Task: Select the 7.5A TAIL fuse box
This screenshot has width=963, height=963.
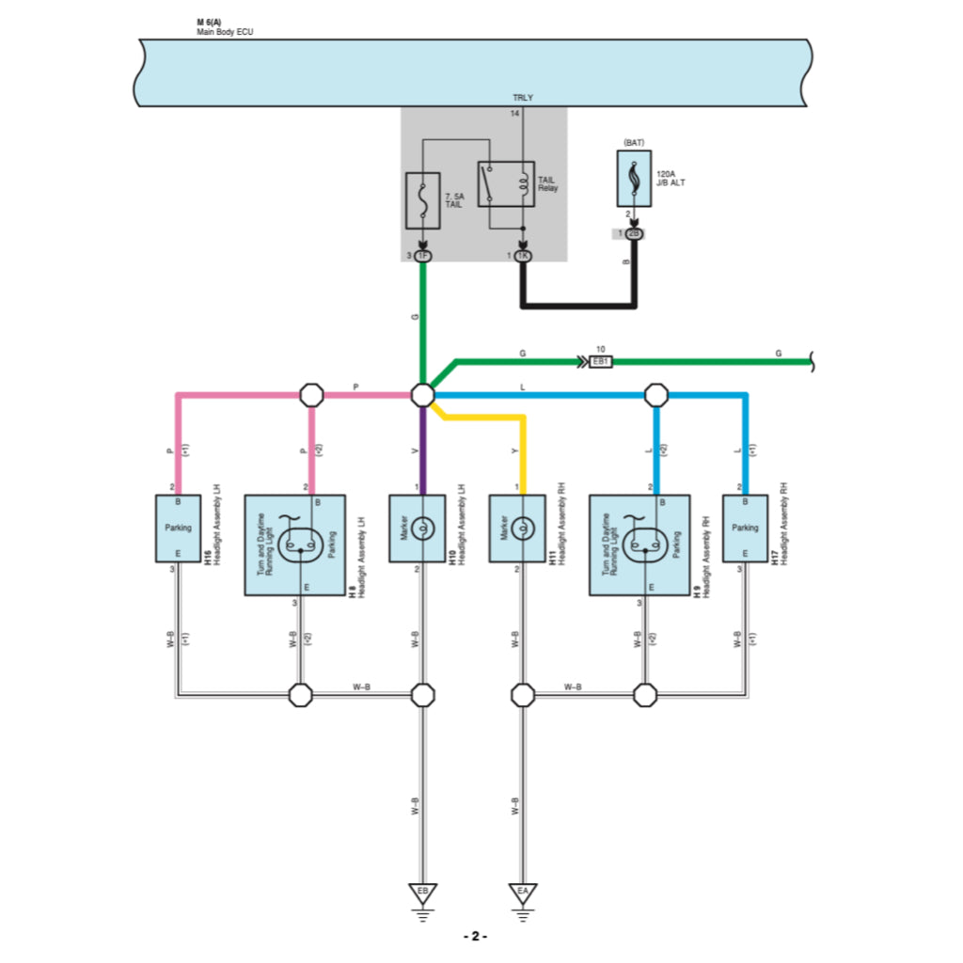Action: pyautogui.click(x=422, y=200)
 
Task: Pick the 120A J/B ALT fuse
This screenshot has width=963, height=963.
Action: pyautogui.click(x=633, y=178)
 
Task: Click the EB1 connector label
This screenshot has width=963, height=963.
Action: pyautogui.click(x=600, y=361)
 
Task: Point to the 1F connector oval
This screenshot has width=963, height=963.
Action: pyautogui.click(x=422, y=256)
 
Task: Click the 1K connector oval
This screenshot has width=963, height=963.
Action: pyautogui.click(x=523, y=256)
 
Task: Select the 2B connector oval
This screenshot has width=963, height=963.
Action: pyautogui.click(x=633, y=233)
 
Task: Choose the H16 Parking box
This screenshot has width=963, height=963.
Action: pyautogui.click(x=178, y=529)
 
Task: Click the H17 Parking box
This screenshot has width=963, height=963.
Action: pyautogui.click(x=745, y=529)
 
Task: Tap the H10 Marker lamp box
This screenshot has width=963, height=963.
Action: pyautogui.click(x=418, y=529)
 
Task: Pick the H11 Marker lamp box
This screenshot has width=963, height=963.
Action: pyautogui.click(x=517, y=529)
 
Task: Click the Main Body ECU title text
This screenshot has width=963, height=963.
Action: pyautogui.click(x=225, y=32)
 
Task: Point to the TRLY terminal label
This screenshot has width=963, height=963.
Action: pyautogui.click(x=522, y=98)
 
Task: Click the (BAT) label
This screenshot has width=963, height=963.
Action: pyautogui.click(x=633, y=142)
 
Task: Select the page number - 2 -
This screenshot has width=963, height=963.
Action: pyautogui.click(x=475, y=937)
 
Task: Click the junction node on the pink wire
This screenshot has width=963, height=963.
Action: pyautogui.click(x=311, y=395)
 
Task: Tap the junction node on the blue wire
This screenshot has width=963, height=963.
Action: pyautogui.click(x=655, y=395)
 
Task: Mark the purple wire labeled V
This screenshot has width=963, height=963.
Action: pyautogui.click(x=422, y=451)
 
